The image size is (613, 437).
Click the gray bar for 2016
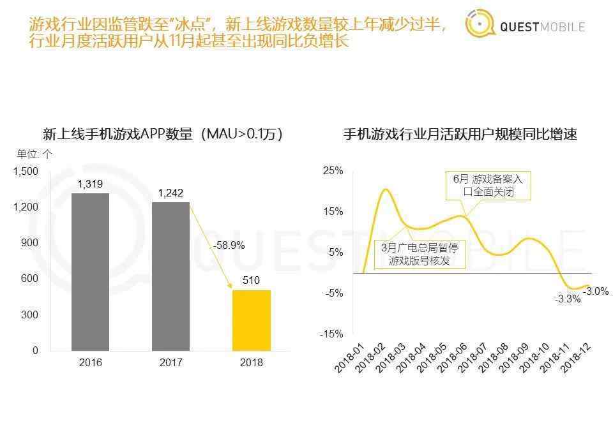pos(90,272)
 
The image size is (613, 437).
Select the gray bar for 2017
pos(170,276)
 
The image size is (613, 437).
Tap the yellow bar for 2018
pos(251,320)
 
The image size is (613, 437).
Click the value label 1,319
pos(90,184)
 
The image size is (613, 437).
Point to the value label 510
pos(251,281)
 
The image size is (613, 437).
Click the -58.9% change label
pos(229,245)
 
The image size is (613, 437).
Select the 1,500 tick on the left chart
pos(26,172)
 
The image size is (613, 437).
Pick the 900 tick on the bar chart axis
pos(30,243)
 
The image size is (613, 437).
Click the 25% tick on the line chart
pos(333,171)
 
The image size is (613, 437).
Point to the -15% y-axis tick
pos(332,334)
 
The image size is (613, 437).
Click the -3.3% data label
pos(568,299)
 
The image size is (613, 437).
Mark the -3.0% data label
pos(596,291)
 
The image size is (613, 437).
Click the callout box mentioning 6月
pos(488,186)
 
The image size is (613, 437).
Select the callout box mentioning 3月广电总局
pos(420,254)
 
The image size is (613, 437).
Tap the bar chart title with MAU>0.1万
pos(163,135)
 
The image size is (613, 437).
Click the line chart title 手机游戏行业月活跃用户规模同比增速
pos(460,135)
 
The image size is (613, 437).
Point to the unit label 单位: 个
pos(34,154)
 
